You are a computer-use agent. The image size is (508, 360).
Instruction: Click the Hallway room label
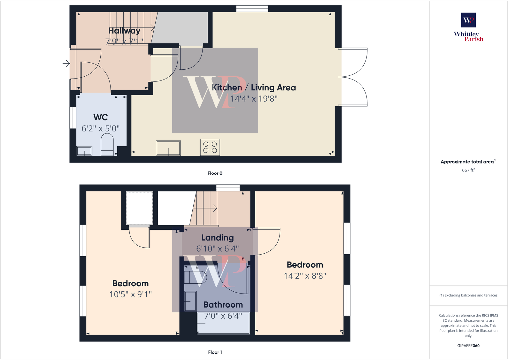coord(124,31)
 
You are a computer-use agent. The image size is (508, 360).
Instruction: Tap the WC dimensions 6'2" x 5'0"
coord(101,128)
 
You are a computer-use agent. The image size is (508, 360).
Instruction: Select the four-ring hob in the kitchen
coord(210,147)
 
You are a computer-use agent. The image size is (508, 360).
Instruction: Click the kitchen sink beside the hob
coord(168,148)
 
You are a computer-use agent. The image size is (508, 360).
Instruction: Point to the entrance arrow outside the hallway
coord(66,64)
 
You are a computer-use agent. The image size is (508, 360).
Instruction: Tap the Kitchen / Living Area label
coord(254,88)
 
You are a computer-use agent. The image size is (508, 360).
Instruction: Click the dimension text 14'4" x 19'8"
coord(254,99)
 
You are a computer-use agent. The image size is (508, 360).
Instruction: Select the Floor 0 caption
coord(215,173)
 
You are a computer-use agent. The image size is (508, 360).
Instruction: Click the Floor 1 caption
coord(215,352)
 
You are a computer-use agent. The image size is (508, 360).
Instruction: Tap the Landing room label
coord(218,238)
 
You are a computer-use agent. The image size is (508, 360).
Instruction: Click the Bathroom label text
coord(223,305)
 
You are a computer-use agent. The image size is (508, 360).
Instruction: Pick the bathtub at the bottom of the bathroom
coord(223,323)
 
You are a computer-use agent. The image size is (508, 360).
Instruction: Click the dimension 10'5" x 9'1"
coord(130,294)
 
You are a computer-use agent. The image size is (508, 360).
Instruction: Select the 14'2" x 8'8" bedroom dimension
coord(305,276)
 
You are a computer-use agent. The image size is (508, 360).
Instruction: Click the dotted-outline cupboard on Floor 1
coord(140,208)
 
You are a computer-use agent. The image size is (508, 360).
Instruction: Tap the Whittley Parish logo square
coord(468,20)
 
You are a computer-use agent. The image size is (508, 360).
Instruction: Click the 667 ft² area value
coord(468,170)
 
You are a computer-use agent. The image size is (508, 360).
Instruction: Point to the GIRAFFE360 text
coord(468,346)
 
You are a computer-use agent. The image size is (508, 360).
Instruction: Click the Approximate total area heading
coord(467,162)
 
